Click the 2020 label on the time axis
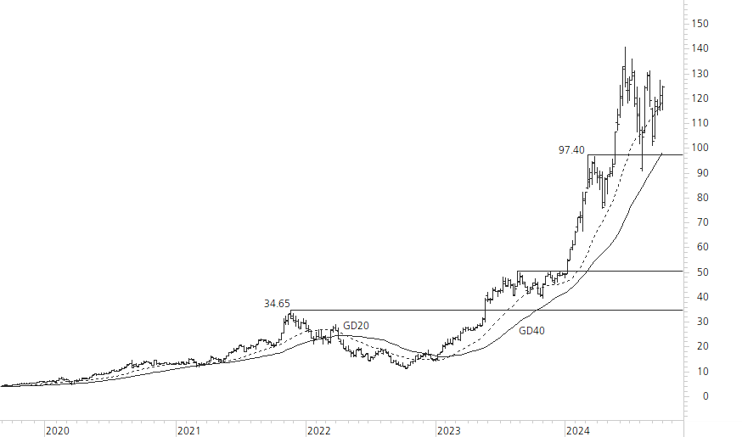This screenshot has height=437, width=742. point(57,431)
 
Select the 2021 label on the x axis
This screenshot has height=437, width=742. point(188,431)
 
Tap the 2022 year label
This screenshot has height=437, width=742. point(318,431)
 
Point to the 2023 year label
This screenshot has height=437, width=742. point(448,431)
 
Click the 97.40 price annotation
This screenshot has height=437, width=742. point(571,150)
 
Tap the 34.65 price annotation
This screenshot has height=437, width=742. point(277,303)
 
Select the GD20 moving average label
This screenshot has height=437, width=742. point(356,326)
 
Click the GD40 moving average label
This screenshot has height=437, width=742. point(531,330)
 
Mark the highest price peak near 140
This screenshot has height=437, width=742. point(626,48)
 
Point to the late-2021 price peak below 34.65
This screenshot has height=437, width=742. point(289,311)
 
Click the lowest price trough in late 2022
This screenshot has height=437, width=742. point(407,367)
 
